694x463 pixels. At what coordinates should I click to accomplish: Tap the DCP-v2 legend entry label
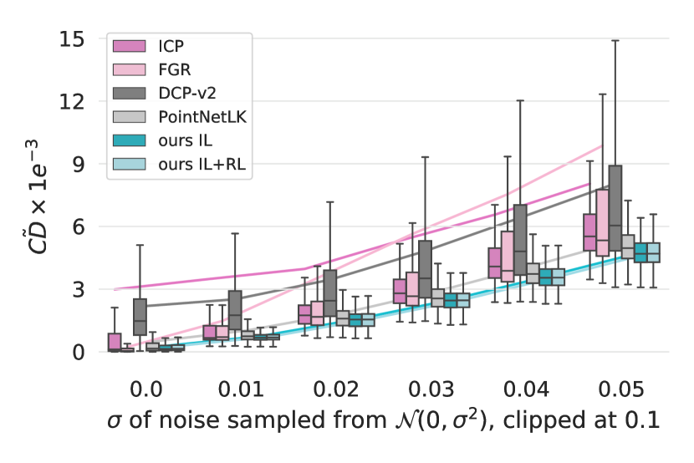pos(184,91)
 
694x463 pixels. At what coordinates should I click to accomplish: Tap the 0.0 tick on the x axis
pos(145,388)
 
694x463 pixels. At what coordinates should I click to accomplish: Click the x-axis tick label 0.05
pos(626,388)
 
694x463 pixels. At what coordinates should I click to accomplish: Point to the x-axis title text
pos(383,422)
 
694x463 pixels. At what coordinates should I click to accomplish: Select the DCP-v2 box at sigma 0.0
pos(140,317)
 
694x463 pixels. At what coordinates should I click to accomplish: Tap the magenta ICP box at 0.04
pos(494,262)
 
